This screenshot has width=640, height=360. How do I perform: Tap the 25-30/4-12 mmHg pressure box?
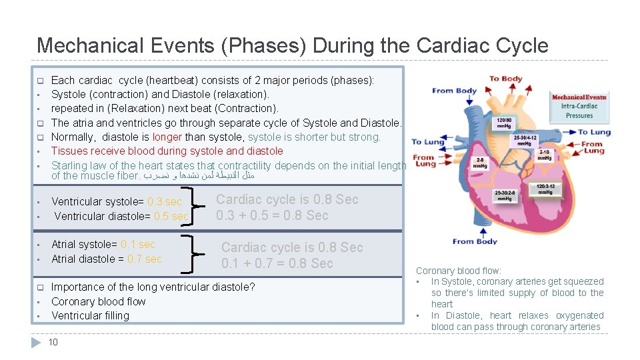[x=525, y=140]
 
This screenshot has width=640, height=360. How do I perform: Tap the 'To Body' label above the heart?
[x=505, y=79]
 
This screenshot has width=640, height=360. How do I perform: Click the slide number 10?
[x=53, y=342]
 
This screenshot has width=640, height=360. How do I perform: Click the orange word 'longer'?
[x=167, y=137]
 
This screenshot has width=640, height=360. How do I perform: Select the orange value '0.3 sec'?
[x=165, y=201]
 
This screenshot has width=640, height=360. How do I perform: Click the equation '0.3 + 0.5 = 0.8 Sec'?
[x=272, y=215]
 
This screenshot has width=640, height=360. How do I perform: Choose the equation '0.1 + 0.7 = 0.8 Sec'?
[x=277, y=263]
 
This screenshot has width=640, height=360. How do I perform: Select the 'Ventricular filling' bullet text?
[x=90, y=315]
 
